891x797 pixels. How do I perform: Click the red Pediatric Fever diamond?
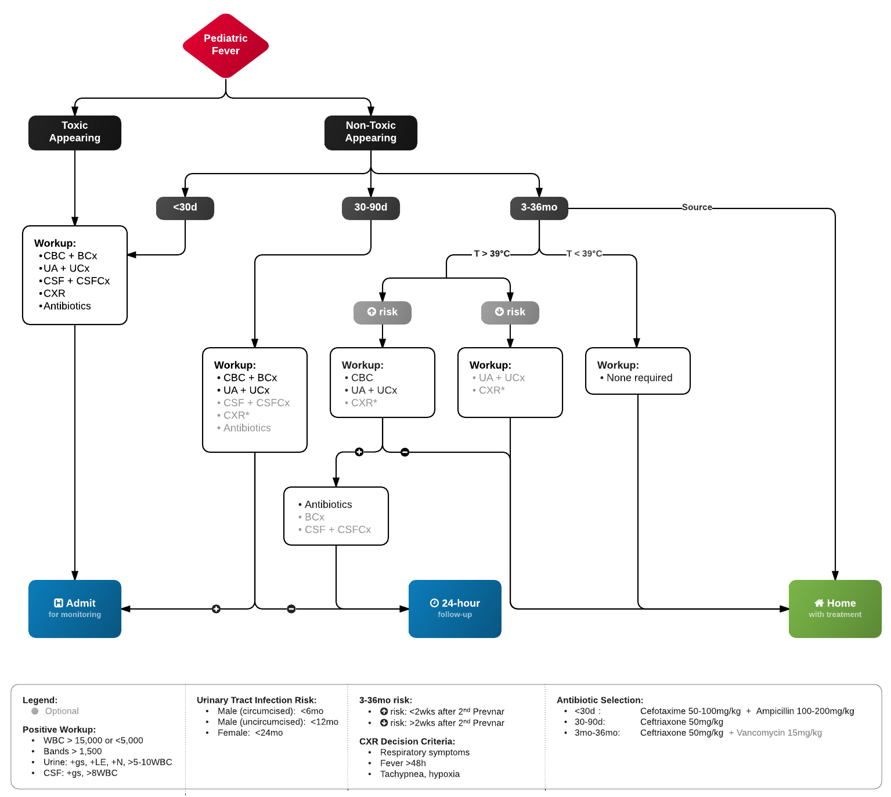(x=225, y=45)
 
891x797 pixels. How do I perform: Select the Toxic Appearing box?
(x=75, y=132)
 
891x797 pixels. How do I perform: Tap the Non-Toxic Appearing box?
(x=370, y=132)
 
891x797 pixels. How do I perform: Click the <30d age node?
(x=185, y=208)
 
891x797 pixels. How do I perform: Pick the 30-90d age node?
(x=370, y=208)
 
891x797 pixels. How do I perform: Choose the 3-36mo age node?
(x=539, y=208)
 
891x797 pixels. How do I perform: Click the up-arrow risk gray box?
(x=382, y=312)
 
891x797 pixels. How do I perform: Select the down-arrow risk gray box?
(x=510, y=312)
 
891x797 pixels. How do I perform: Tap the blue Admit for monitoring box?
(x=75, y=608)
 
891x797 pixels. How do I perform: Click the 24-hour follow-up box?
(x=454, y=608)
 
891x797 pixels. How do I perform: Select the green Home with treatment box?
(x=835, y=608)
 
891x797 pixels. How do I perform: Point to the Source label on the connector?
(x=697, y=207)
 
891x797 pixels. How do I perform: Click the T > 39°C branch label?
(x=491, y=254)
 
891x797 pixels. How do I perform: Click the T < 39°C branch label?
(x=584, y=254)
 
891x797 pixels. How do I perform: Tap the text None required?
(x=639, y=378)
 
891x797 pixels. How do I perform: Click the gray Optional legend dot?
(x=35, y=711)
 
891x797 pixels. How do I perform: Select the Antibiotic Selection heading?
(x=600, y=700)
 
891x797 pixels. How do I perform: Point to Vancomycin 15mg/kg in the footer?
(x=778, y=733)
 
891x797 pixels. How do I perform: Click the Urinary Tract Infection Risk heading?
(x=256, y=700)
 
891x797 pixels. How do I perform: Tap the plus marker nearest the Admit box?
(x=216, y=609)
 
